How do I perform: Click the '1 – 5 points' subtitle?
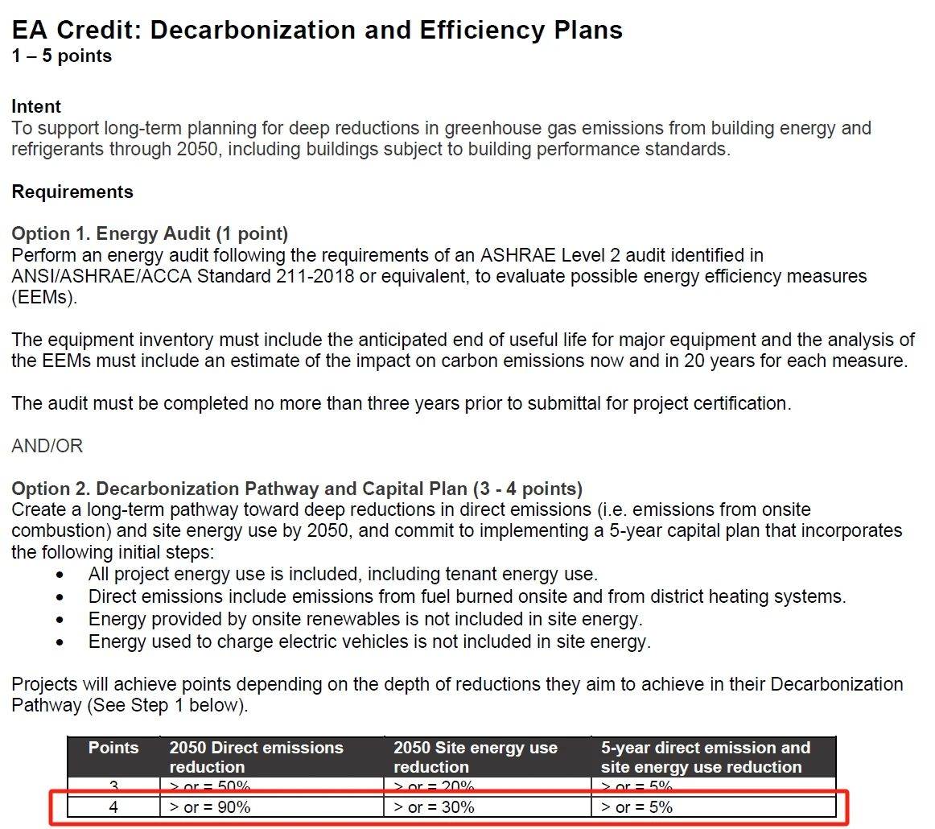61,56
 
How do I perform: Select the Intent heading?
36,106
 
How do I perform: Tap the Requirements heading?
72,192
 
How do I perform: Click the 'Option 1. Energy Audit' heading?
149,234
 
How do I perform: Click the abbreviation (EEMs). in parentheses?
45,297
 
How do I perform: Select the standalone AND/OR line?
47,446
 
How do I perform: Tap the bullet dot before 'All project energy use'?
60,575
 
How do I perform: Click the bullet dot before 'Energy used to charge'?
60,642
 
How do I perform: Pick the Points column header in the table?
113,748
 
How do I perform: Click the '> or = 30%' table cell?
434,806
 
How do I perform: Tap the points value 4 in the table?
113,806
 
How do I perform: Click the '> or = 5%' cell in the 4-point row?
636,806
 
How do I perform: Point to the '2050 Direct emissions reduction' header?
256,757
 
